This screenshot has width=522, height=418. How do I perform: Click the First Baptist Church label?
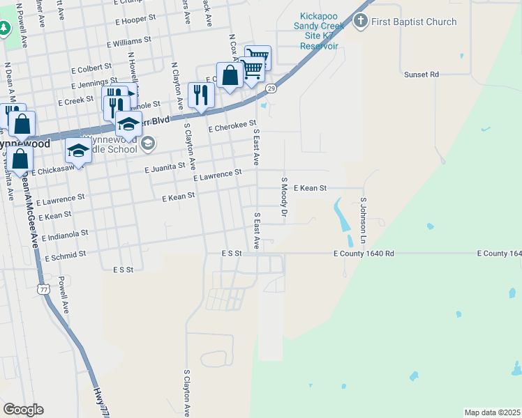coord(414,22)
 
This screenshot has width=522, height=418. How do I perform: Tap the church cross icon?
coord(361,22)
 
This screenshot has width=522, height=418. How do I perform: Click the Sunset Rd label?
coord(421,74)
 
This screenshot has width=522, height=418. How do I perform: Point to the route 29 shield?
coord(271,88)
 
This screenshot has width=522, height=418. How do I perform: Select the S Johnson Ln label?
coord(364,220)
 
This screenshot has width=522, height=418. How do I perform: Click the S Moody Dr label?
coord(284,196)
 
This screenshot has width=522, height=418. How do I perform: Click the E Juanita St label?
coord(165,167)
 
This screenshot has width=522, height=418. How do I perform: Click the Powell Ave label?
coord(64,295)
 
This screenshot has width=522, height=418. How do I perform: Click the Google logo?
coord(23,410)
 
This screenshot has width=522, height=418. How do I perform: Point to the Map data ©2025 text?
coord(492,412)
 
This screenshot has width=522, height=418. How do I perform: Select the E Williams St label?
coord(128,42)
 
